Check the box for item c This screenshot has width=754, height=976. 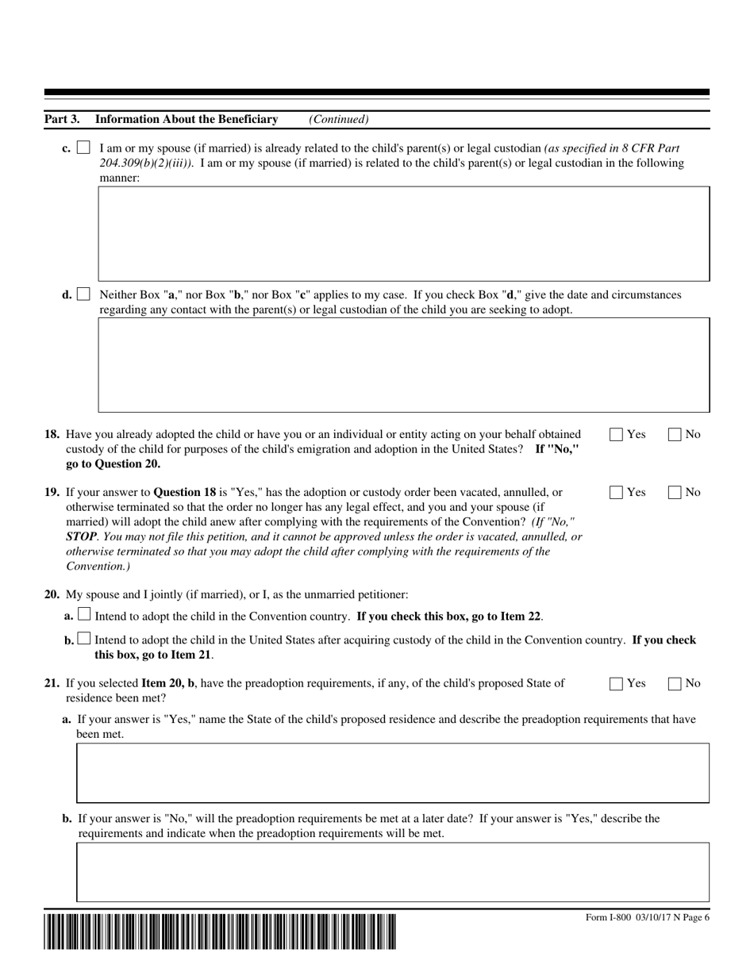(83, 148)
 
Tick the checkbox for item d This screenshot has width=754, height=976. (83, 294)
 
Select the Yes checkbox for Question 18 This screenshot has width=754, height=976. (616, 434)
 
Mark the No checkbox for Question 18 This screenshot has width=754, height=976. (675, 434)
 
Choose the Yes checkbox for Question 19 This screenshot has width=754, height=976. (616, 492)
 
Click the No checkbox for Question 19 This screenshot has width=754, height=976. (675, 492)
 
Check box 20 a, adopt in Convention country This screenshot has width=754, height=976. (84, 615)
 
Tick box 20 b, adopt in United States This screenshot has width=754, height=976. (84, 640)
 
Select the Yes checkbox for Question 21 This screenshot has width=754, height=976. (616, 683)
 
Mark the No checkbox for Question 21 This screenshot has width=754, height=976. (675, 683)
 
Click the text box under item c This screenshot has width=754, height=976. (403, 234)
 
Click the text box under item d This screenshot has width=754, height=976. (403, 365)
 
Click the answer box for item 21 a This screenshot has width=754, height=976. (392, 773)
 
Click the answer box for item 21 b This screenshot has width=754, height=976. (392, 872)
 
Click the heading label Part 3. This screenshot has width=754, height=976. (62, 119)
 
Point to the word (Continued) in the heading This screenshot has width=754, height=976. (339, 119)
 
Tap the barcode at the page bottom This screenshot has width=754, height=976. (220, 932)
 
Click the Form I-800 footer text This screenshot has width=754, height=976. (647, 917)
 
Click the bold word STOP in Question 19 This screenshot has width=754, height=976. (80, 536)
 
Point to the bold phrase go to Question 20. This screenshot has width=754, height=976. (113, 464)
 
